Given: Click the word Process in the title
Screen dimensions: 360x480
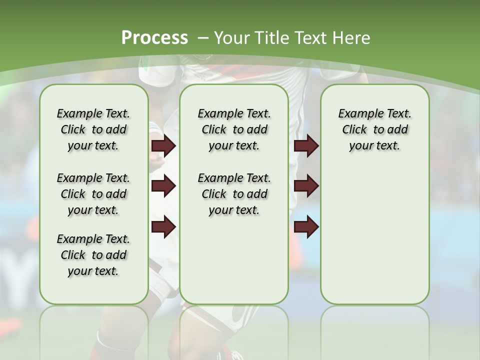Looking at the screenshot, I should point(154,37).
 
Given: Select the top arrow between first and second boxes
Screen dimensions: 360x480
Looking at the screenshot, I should point(163,146).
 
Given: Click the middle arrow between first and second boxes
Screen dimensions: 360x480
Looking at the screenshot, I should point(163,186).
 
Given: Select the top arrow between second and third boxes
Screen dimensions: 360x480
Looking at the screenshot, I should point(306,146).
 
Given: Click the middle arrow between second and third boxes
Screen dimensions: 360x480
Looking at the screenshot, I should point(306,186).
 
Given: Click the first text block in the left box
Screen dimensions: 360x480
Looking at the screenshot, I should point(93,129).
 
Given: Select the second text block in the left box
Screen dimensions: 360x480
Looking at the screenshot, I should point(93,194).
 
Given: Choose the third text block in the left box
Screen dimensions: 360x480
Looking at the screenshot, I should point(93,255).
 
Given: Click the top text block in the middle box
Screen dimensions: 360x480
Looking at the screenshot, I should point(234,129).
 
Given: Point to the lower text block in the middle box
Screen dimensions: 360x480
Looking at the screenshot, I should point(234,194).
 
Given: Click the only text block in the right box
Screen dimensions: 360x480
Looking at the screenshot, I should point(374,129).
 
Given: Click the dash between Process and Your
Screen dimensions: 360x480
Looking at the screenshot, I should point(202,38).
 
